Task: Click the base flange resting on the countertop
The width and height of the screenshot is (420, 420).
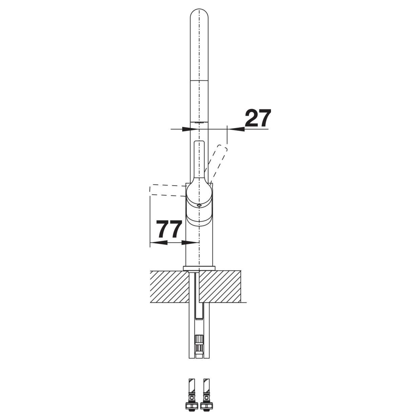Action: coord(199,268)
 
